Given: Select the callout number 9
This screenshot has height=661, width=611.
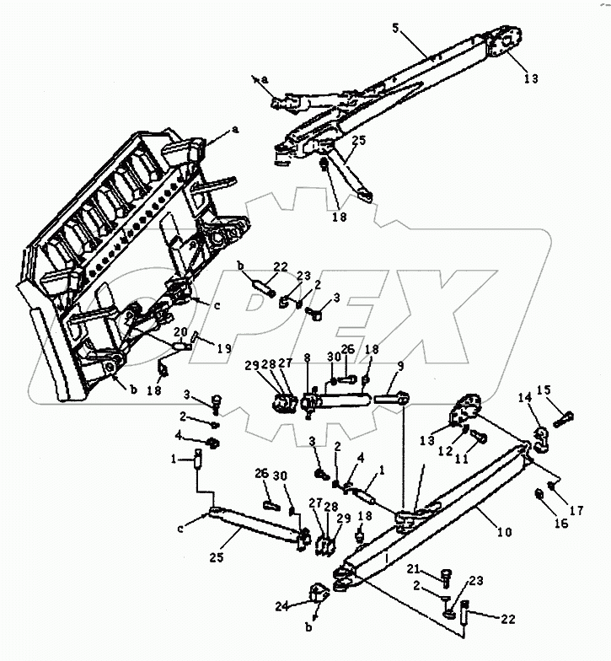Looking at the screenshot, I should point(400,367).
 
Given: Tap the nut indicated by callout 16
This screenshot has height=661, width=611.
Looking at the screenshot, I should point(539,493).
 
